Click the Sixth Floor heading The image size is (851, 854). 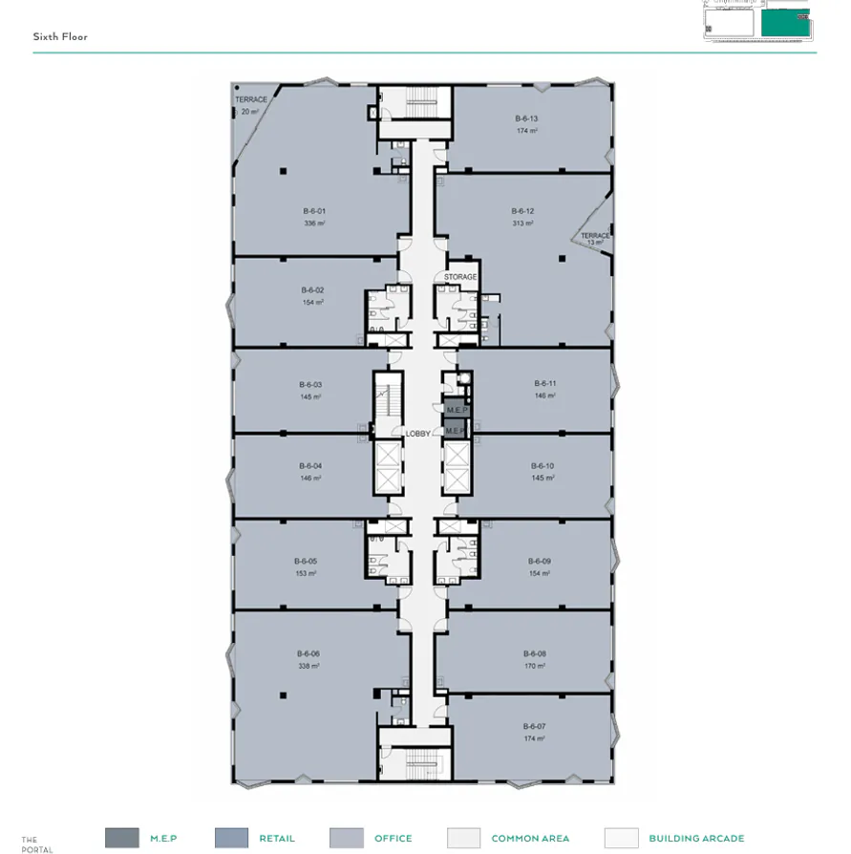(x=60, y=36)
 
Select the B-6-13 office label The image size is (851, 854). (x=526, y=118)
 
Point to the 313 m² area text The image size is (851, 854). (x=522, y=223)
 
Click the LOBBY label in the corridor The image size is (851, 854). (x=418, y=434)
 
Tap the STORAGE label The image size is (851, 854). (x=460, y=277)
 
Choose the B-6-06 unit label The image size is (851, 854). (x=308, y=653)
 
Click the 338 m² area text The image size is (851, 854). (x=308, y=666)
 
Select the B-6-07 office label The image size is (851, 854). (x=534, y=726)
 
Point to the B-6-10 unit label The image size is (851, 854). (x=543, y=465)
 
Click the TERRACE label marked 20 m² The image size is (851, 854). (x=251, y=99)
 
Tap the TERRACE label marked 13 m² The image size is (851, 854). (x=595, y=236)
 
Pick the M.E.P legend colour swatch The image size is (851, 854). (x=121, y=838)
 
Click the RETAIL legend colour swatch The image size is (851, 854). (x=231, y=838)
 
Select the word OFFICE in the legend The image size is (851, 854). (x=394, y=839)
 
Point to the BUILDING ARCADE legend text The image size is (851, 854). (x=696, y=839)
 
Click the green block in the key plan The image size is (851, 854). (x=784, y=22)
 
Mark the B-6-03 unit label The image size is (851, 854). (x=310, y=384)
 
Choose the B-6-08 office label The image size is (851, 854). (x=534, y=653)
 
